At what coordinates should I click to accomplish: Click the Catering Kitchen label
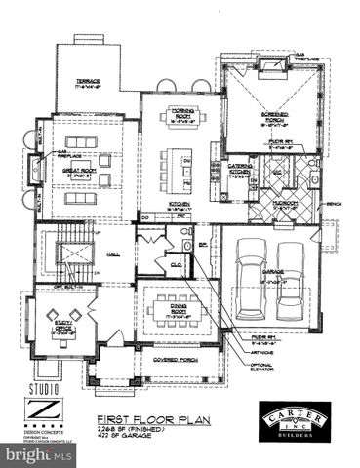click(x=241, y=170)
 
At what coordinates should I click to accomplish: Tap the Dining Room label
click(x=176, y=309)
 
